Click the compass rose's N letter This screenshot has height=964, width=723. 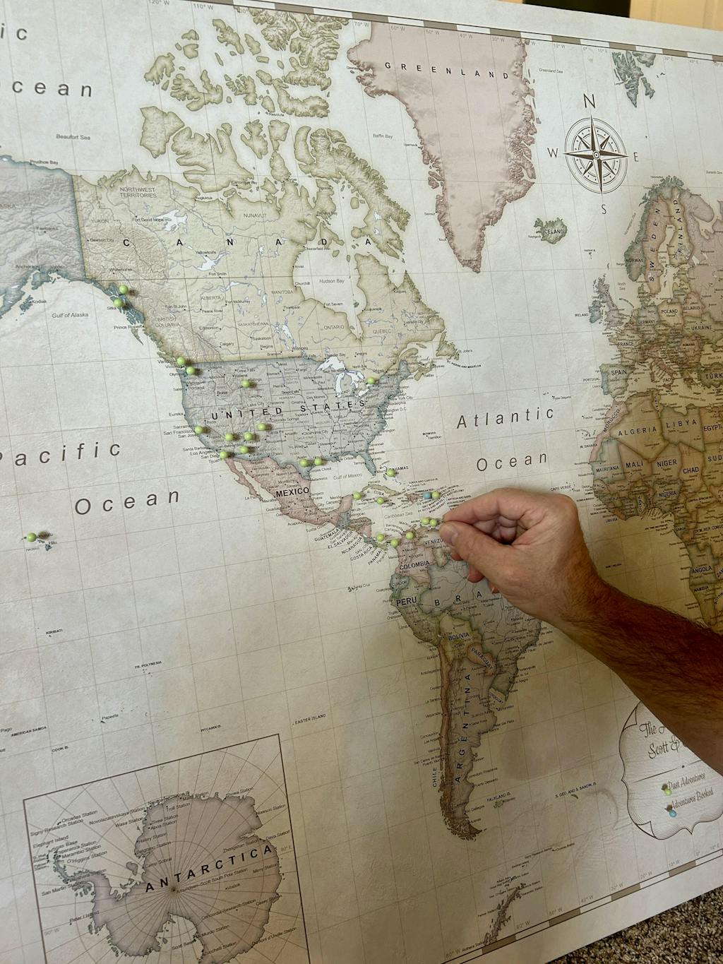590,102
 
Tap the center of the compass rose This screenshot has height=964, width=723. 597,153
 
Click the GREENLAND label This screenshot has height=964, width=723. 447,69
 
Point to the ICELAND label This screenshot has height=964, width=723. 554,230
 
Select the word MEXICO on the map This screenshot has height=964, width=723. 292,491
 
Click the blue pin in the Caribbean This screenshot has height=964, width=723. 426,496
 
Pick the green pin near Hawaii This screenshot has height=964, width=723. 32,537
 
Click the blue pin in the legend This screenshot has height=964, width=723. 672,812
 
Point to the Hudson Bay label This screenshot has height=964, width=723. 332,280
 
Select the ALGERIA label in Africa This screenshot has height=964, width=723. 638,430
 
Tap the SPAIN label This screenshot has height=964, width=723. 619,372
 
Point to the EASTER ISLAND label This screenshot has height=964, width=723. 311,718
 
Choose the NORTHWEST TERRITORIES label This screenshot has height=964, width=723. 137,192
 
